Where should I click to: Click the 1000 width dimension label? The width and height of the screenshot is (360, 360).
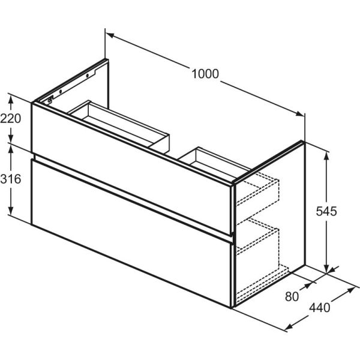[x=205, y=74]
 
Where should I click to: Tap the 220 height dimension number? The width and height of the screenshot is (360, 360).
[x=11, y=118]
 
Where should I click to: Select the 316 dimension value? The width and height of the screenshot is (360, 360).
[x=11, y=179]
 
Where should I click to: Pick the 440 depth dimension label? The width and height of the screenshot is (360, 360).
[x=320, y=308]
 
